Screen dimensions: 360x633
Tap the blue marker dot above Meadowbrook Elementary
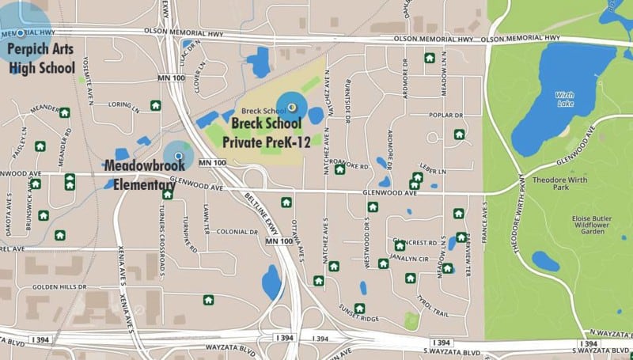tap(178, 156)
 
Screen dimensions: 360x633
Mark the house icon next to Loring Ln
tap(155, 104)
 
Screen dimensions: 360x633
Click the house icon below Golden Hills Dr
tap(208, 299)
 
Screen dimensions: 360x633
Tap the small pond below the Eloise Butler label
tap(545, 260)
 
